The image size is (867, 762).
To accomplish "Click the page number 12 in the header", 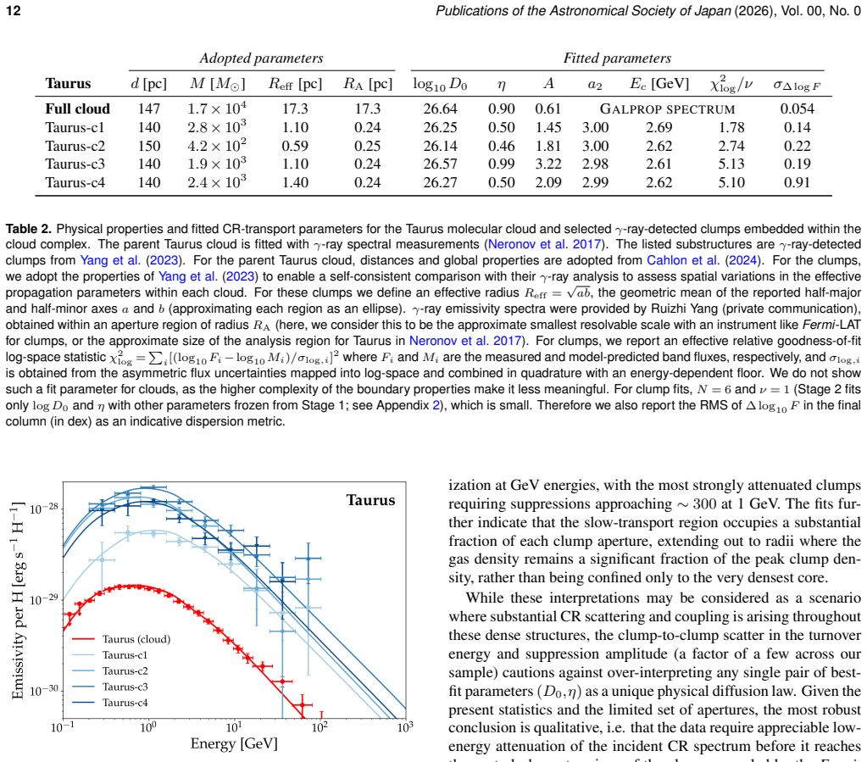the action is coord(14,11).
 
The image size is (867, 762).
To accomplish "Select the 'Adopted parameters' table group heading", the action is coord(262,58).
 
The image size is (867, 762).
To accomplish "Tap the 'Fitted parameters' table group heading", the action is coord(617,58).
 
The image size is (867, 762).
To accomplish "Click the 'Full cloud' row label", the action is coord(77,109).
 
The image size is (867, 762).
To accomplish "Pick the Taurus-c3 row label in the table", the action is coord(75,164).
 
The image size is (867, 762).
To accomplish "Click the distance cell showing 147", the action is coord(149,109).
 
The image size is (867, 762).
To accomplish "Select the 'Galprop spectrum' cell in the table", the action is coord(667,109).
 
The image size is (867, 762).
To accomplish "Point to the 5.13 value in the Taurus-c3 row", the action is coord(731,164).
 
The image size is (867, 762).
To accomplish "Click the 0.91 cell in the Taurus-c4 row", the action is coord(797,182).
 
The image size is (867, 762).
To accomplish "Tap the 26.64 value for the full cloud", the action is coord(440,109).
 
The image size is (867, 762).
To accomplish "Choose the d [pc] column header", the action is coord(149,84).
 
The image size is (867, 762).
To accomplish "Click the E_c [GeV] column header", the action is coord(659,84).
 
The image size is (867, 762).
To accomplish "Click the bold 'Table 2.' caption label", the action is coord(28,229).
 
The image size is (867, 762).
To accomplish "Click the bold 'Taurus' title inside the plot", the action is coord(370,500).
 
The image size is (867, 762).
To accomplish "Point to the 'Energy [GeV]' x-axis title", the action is coord(234,743).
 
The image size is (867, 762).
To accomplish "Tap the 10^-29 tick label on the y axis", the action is coord(44,599).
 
